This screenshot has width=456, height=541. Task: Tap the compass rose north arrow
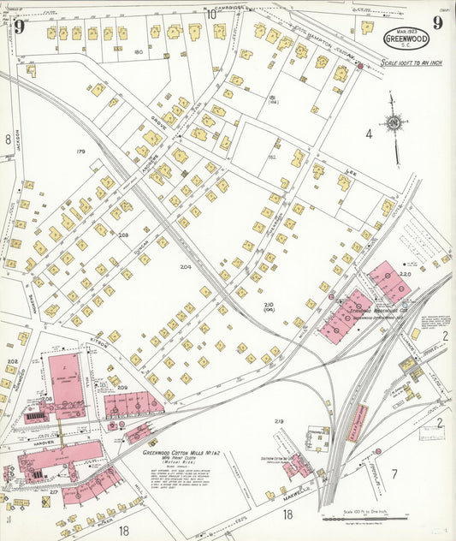coord(393,126)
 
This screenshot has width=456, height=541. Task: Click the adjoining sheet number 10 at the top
coord(210,13)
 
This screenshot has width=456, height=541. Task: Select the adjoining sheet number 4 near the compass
coord(369,134)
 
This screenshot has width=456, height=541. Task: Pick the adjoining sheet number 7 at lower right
coord(394,473)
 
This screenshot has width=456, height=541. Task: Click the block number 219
coord(278,421)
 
